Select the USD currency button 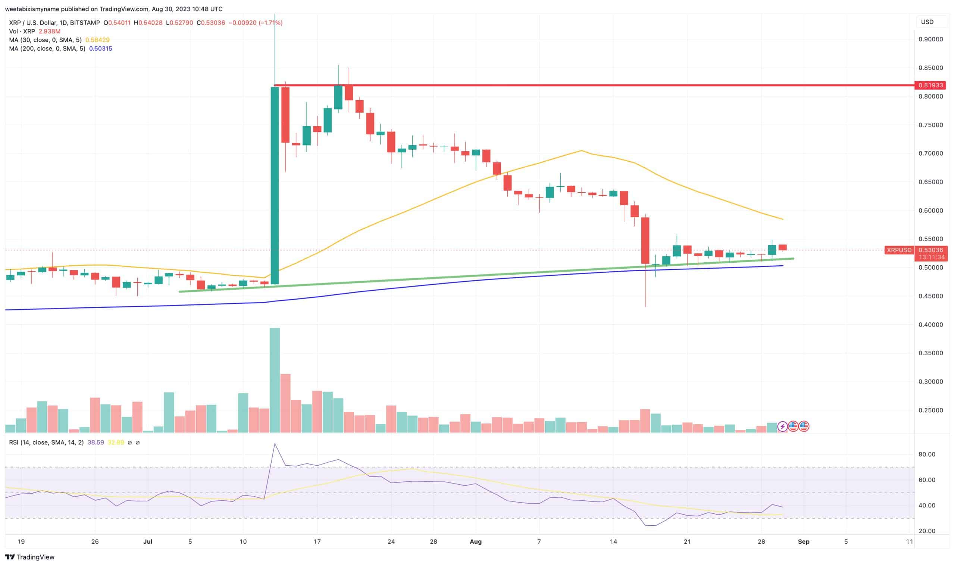pyautogui.click(x=927, y=22)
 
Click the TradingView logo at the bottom pyautogui.click(x=30, y=557)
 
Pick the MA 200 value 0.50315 pyautogui.click(x=100, y=49)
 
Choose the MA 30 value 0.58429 pyautogui.click(x=97, y=40)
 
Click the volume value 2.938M pyautogui.click(x=49, y=31)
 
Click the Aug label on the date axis pyautogui.click(x=475, y=542)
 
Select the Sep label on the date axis pyautogui.click(x=803, y=542)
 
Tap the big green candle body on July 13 pyautogui.click(x=275, y=186)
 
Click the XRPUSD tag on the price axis pyautogui.click(x=899, y=250)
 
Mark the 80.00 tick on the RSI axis pyautogui.click(x=927, y=454)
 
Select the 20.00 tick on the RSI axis pyautogui.click(x=927, y=531)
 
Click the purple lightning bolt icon pyautogui.click(x=782, y=426)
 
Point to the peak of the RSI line pyautogui.click(x=275, y=444)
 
